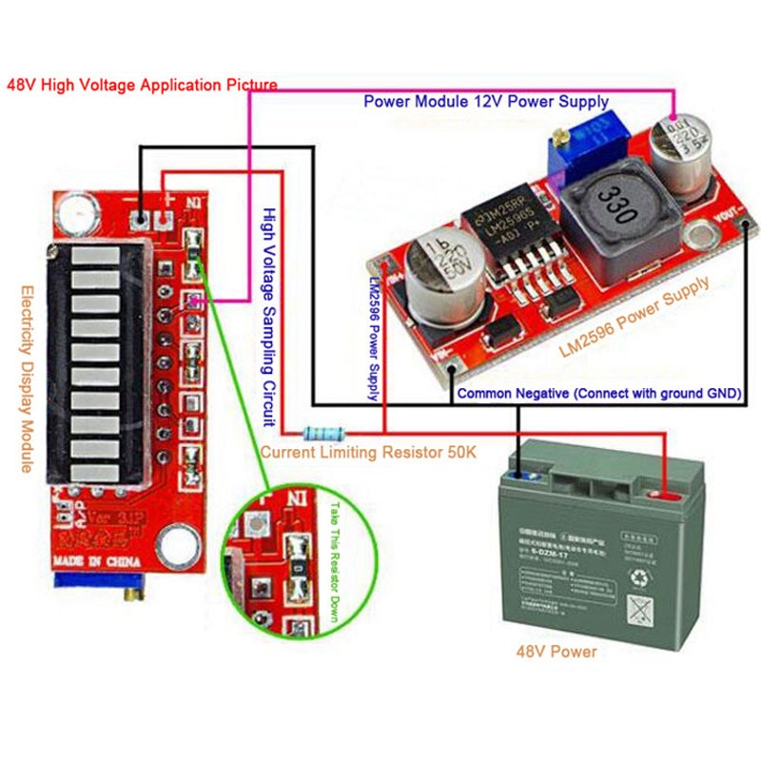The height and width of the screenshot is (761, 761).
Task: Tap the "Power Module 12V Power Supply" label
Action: (486, 102)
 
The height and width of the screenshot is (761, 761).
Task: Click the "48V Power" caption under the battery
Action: (556, 652)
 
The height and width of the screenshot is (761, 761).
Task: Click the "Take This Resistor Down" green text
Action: (334, 561)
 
